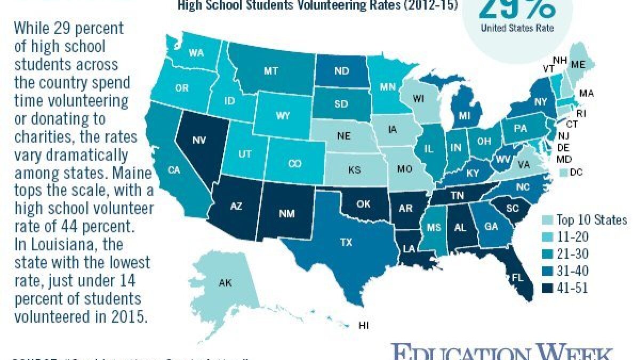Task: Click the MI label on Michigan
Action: point(465,115)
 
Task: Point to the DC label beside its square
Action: point(583,172)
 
